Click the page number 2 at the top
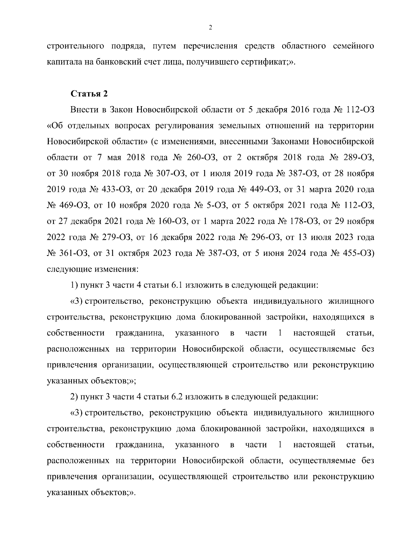coord(210,28)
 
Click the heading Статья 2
coord(89,94)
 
